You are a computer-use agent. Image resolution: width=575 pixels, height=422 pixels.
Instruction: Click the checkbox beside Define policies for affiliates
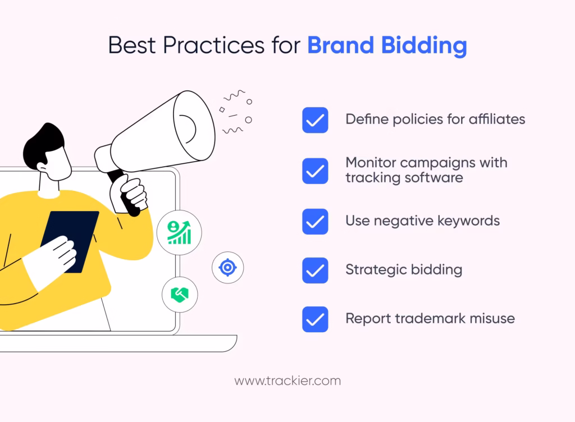(x=315, y=120)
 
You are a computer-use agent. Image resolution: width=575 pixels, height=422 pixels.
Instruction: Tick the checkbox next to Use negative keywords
(x=315, y=222)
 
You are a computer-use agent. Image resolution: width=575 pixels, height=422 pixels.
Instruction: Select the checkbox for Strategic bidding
(x=315, y=270)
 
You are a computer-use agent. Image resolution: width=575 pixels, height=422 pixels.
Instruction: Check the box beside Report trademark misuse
(x=315, y=319)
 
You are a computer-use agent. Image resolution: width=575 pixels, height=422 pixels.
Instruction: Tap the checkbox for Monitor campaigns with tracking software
(x=315, y=171)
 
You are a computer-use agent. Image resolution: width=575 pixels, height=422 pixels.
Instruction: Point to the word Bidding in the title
(x=424, y=46)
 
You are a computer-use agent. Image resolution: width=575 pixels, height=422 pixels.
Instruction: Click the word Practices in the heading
(x=214, y=45)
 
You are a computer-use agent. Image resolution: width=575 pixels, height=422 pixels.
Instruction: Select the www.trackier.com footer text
(x=287, y=381)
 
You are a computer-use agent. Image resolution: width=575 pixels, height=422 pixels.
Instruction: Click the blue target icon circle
(x=228, y=268)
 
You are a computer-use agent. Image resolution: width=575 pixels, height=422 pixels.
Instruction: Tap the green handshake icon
(x=180, y=295)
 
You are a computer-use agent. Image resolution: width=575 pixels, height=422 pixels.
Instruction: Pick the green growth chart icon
(x=179, y=233)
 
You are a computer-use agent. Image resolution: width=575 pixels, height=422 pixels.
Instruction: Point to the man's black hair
(x=43, y=145)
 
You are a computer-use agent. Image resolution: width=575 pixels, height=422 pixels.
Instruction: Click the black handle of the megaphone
(x=124, y=193)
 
